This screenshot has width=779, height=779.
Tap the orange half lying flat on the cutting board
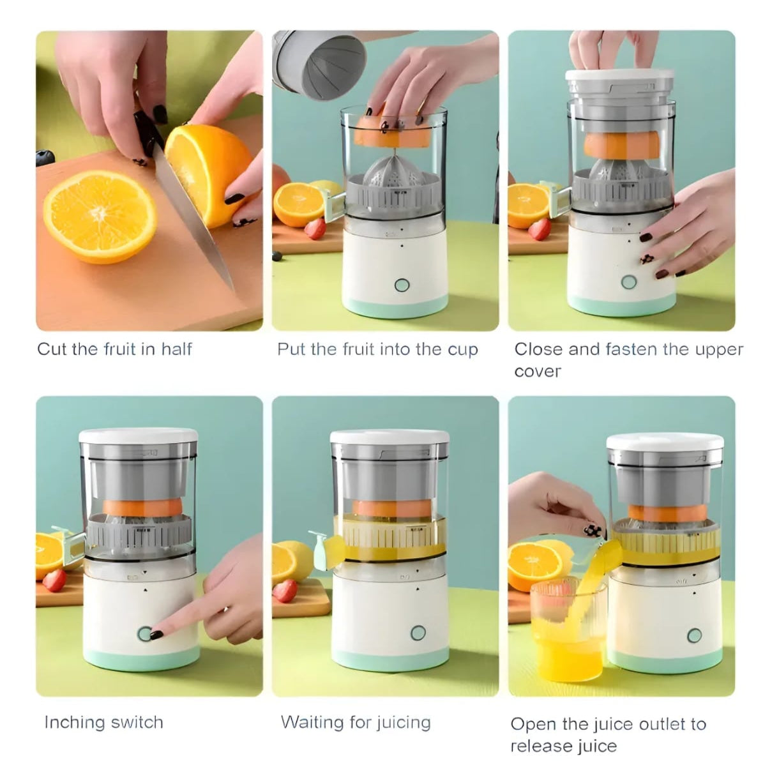click(x=100, y=216)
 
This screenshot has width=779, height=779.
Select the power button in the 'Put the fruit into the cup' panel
click(x=402, y=285)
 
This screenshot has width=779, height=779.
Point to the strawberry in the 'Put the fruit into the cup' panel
click(x=315, y=229)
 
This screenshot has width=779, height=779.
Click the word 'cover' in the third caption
click(x=538, y=371)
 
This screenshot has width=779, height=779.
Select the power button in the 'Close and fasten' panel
click(x=628, y=282)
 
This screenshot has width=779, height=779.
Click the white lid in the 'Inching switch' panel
click(x=139, y=435)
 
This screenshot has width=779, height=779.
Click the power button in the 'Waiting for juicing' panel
click(x=418, y=633)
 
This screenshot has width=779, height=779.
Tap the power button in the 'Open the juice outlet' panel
click(x=695, y=635)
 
